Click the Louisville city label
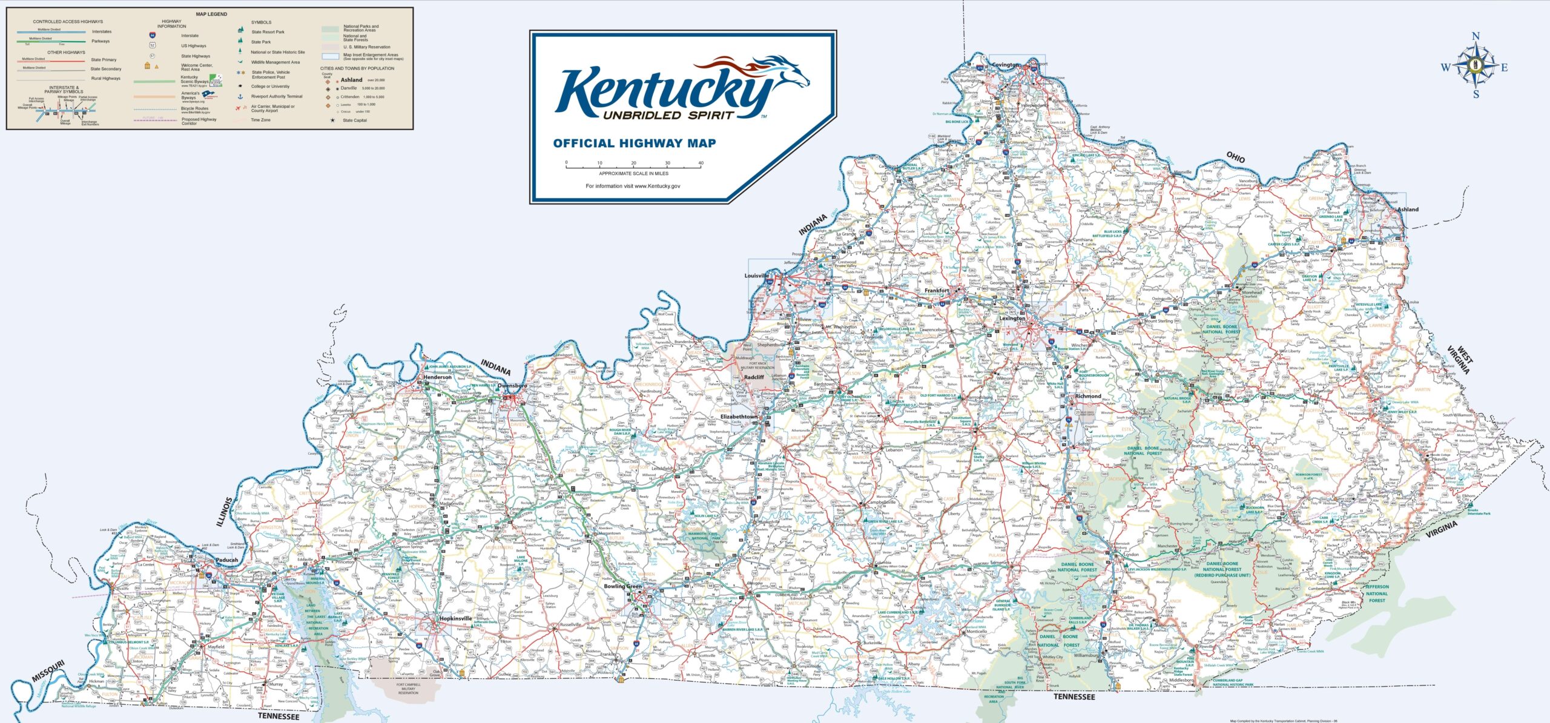click(756, 276)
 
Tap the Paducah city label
click(227, 560)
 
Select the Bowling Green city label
click(622, 586)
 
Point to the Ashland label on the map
click(1408, 210)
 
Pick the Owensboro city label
click(512, 386)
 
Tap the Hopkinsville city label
click(455, 619)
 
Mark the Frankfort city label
click(937, 291)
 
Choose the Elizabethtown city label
click(739, 417)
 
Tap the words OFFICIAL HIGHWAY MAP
click(634, 144)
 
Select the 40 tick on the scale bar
click(701, 163)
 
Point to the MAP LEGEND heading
click(211, 14)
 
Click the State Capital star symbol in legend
click(332, 120)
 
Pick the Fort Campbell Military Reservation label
click(408, 688)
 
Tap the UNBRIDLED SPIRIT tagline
click(668, 115)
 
